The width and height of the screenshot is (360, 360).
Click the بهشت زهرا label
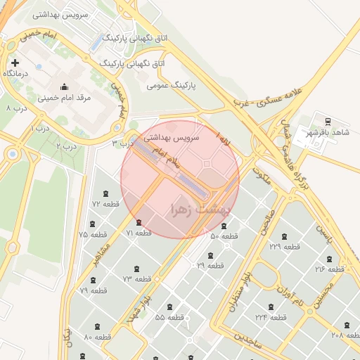pos(200,209)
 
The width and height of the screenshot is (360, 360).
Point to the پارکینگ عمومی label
pos(171,86)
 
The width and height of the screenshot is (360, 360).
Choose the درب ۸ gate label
pos(18,108)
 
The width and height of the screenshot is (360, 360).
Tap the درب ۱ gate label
pos(41,128)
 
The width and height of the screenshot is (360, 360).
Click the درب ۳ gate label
pos(122,143)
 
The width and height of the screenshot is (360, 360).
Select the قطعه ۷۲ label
pos(105,204)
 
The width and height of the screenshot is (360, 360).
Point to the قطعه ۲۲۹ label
pos(285,247)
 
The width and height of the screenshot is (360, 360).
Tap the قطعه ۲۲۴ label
pos(271,318)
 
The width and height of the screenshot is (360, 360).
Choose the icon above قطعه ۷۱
pos(139,223)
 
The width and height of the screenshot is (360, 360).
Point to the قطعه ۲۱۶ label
pos(329,269)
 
